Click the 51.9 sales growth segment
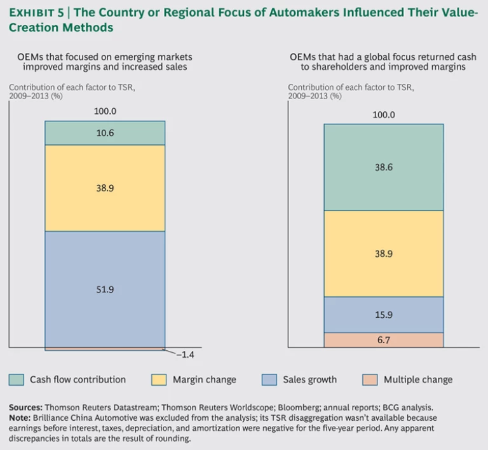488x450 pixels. tap(105, 289)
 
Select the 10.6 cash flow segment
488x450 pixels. tap(105, 133)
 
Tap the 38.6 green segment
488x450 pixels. tap(383, 167)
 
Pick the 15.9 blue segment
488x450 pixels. tap(383, 315)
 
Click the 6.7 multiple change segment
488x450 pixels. tap(383, 340)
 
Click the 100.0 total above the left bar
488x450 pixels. tap(105, 111)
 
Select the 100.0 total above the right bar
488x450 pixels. tap(383, 114)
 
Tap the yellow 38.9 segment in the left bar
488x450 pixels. tap(105, 188)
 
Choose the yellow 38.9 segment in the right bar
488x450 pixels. tap(383, 254)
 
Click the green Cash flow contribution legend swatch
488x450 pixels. tap(17, 379)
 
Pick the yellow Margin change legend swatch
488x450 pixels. tap(159, 379)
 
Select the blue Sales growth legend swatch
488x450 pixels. tap(269, 379)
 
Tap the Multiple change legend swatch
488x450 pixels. tap(370, 379)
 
